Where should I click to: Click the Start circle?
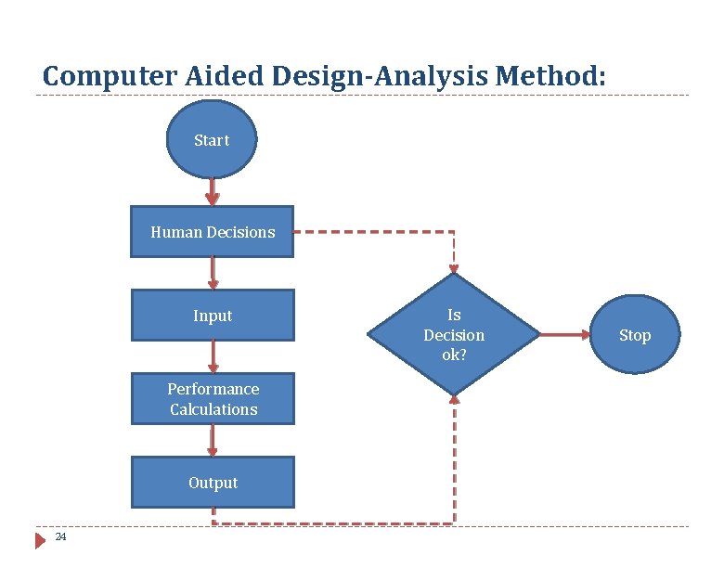tap(212, 140)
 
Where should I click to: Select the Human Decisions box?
tap(213, 232)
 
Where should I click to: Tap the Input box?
tap(213, 316)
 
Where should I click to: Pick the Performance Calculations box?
tap(213, 399)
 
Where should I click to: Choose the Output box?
tap(213, 483)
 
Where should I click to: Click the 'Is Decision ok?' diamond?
tap(454, 334)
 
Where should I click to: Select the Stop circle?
tap(635, 335)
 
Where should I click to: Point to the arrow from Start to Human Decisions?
tap(213, 192)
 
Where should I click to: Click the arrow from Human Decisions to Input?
tap(213, 274)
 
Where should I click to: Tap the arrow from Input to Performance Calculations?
tap(213, 357)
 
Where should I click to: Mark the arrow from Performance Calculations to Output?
tap(213, 441)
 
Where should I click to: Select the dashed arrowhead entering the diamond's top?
tap(454, 265)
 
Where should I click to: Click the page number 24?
tap(60, 537)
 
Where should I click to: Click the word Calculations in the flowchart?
tap(213, 409)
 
